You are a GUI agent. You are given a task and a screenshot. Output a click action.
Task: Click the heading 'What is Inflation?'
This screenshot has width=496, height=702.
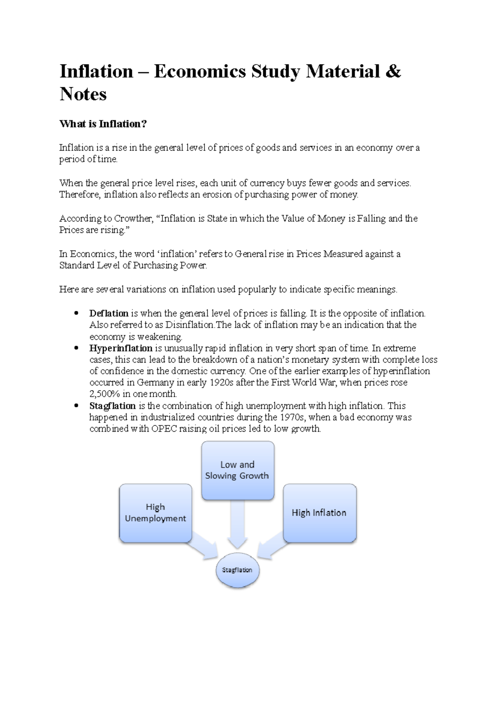[x=103, y=124]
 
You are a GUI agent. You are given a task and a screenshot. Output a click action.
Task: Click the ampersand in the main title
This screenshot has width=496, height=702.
[x=393, y=71]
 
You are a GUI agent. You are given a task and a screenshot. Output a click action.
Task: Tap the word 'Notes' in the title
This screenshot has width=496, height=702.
[x=83, y=94]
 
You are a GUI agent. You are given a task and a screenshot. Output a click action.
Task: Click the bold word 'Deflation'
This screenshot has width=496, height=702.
[x=109, y=313]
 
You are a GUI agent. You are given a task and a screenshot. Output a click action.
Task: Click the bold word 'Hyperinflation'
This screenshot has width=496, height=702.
[x=121, y=348]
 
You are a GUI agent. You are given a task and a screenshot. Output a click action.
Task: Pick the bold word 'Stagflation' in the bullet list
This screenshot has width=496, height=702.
[x=112, y=406]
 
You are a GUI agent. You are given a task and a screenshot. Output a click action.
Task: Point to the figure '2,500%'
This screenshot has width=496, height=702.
[x=105, y=394]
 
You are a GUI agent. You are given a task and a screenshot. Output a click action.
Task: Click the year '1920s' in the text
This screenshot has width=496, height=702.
[x=222, y=382]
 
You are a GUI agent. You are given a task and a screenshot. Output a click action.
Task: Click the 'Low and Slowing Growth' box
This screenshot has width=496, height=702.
[x=237, y=470]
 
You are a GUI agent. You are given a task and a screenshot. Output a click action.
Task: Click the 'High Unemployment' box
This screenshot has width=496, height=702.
[x=155, y=513]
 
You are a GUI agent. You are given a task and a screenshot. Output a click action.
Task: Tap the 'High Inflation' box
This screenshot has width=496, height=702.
[x=319, y=513]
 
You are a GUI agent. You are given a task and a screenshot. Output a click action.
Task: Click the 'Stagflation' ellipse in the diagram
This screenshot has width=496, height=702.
[x=237, y=570]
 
